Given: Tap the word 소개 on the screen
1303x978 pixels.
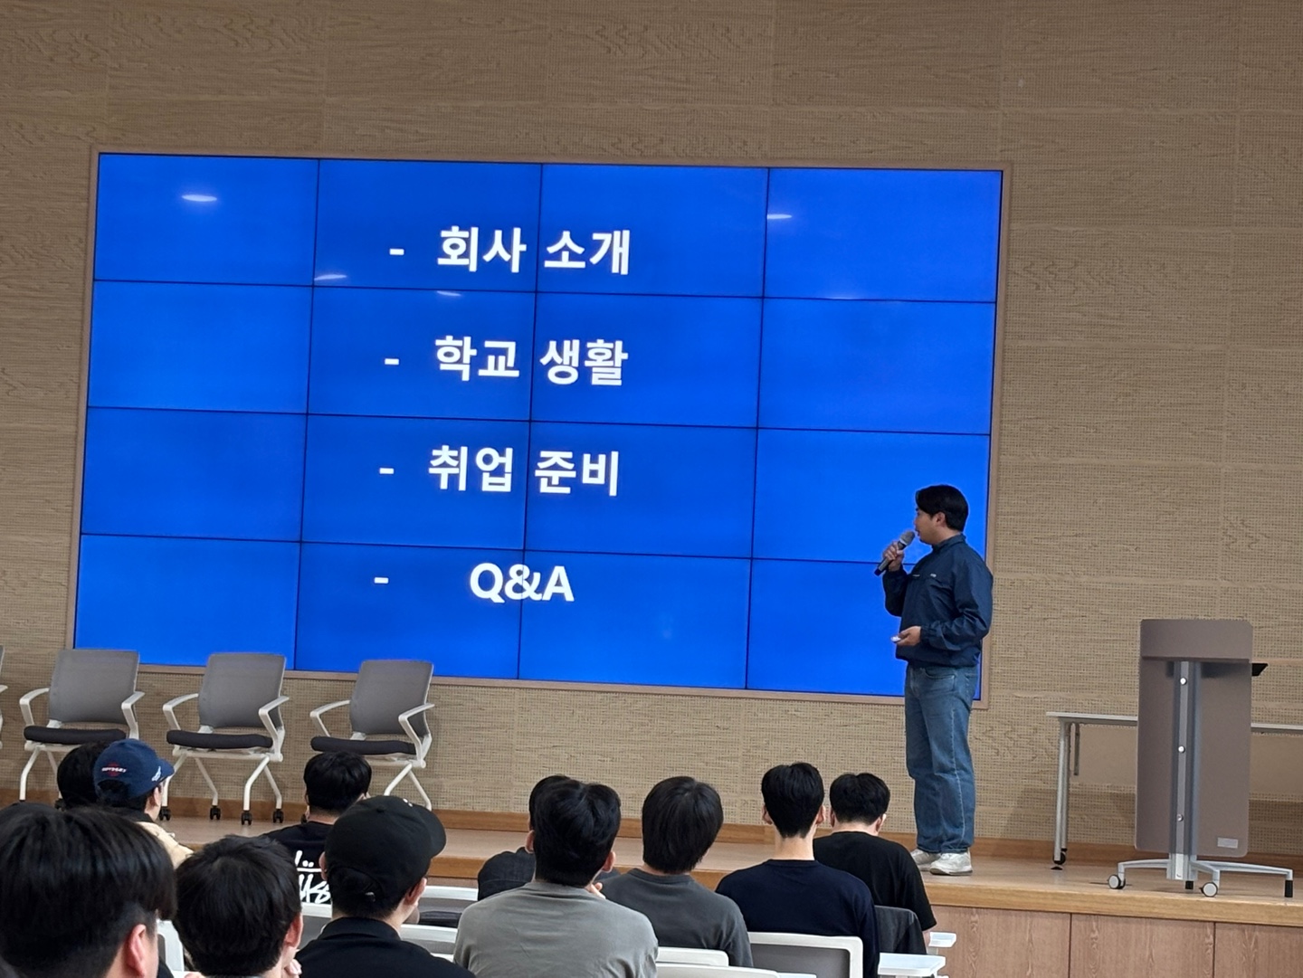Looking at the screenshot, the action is (x=586, y=252).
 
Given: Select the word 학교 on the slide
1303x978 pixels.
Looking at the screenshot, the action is (x=477, y=360).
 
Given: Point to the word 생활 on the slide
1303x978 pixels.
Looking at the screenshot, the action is (x=583, y=362).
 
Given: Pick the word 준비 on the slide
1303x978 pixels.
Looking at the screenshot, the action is (x=576, y=473).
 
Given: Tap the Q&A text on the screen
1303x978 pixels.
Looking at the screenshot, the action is (x=521, y=584).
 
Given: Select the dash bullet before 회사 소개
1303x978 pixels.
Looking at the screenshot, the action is (x=396, y=251).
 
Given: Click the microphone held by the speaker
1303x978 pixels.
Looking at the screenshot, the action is (x=894, y=552).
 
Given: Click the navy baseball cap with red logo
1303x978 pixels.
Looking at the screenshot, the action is (x=132, y=768).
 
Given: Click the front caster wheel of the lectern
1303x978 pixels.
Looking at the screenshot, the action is (x=1208, y=888).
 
